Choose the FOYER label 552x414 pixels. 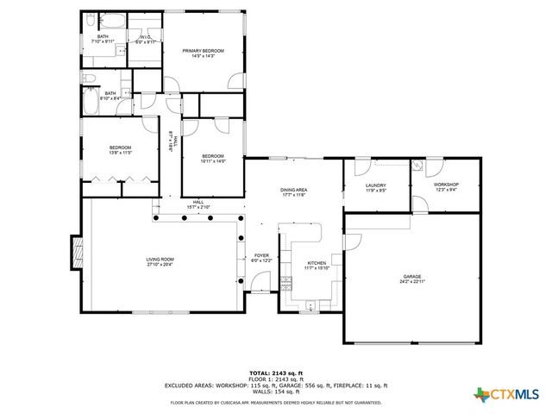[x=260, y=257]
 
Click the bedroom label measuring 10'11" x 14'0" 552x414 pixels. [x=212, y=158]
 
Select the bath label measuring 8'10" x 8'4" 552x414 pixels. [x=110, y=96]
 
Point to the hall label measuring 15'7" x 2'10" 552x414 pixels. [x=198, y=204]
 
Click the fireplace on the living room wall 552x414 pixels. [x=77, y=252]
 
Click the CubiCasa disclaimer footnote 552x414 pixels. [x=275, y=403]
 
